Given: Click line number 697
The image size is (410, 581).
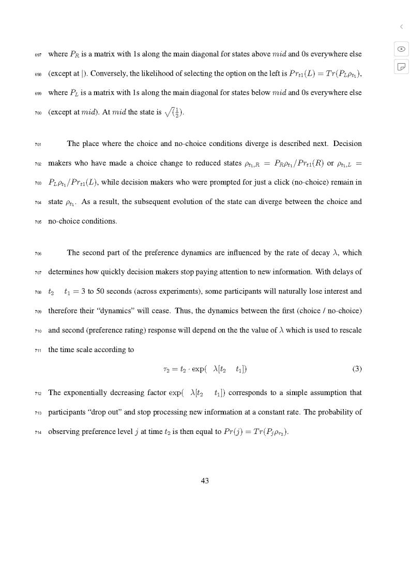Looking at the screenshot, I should click(38, 54).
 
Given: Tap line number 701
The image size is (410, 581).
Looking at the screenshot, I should click(38, 144).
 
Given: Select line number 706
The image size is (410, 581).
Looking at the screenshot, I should click(38, 253).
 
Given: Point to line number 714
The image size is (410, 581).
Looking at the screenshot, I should click(38, 431).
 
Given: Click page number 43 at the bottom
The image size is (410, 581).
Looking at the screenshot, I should click(205, 481).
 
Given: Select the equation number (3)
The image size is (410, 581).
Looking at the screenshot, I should click(357, 369).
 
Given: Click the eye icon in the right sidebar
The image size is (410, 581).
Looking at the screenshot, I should click(401, 49).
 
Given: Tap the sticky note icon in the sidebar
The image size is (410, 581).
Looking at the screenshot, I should click(401, 66).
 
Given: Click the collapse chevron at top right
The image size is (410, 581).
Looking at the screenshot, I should click(401, 26).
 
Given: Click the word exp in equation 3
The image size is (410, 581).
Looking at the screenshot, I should click(200, 370).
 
